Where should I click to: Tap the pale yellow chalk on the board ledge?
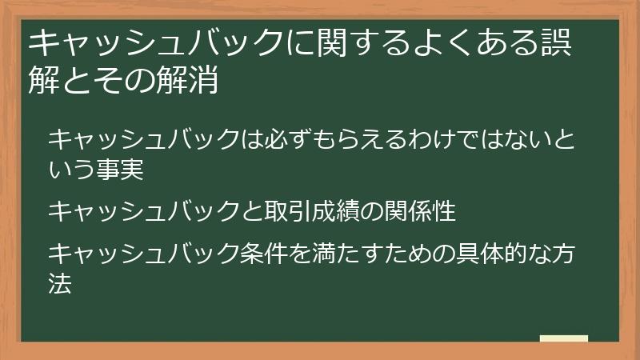[x=563, y=339]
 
